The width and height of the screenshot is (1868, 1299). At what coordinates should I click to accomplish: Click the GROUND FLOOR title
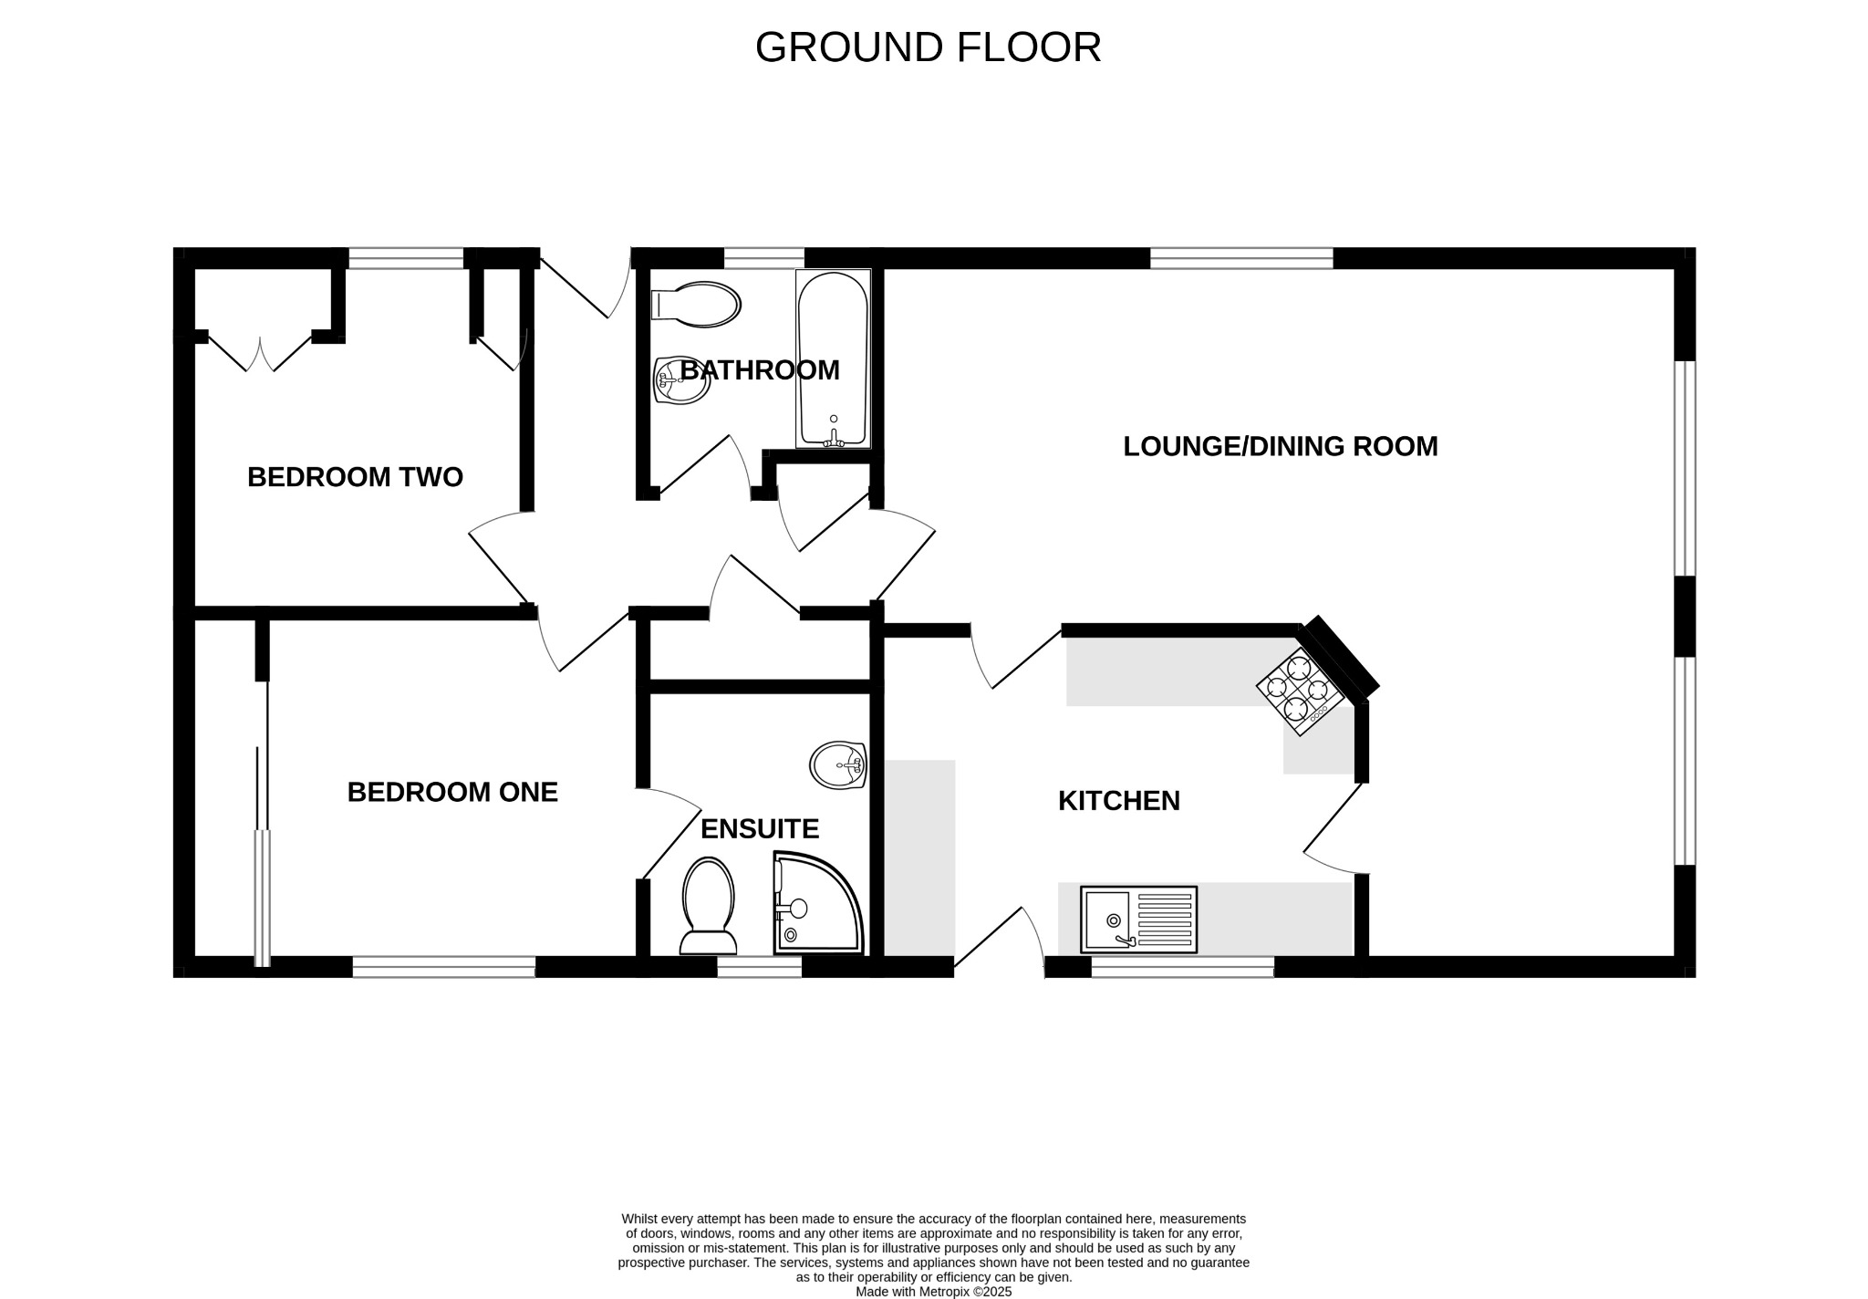tap(928, 47)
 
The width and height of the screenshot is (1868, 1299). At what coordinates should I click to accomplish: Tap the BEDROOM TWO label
tap(355, 477)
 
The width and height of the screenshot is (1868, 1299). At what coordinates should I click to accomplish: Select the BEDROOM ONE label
tap(452, 792)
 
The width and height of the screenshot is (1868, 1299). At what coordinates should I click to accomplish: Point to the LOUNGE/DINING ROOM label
tap(1280, 446)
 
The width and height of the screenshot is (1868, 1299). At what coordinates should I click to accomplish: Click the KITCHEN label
tap(1118, 801)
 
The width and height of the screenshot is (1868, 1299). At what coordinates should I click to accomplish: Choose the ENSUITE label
tap(759, 829)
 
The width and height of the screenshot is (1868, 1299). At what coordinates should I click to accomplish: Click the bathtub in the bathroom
tap(833, 359)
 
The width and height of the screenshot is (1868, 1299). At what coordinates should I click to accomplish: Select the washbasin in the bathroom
tap(681, 380)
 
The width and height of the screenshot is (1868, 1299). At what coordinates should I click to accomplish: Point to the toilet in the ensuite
tap(708, 905)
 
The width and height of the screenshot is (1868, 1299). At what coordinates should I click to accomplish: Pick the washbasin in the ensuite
tap(837, 764)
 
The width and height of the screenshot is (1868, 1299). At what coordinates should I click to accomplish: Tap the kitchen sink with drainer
tap(1138, 920)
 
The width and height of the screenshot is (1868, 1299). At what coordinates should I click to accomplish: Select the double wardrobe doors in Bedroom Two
tap(261, 355)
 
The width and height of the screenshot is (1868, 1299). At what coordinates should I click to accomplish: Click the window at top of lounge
tap(1240, 258)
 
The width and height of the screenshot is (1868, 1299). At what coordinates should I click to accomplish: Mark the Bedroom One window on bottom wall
tap(443, 967)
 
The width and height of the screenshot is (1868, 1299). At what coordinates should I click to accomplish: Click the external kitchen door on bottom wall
tap(1000, 944)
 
